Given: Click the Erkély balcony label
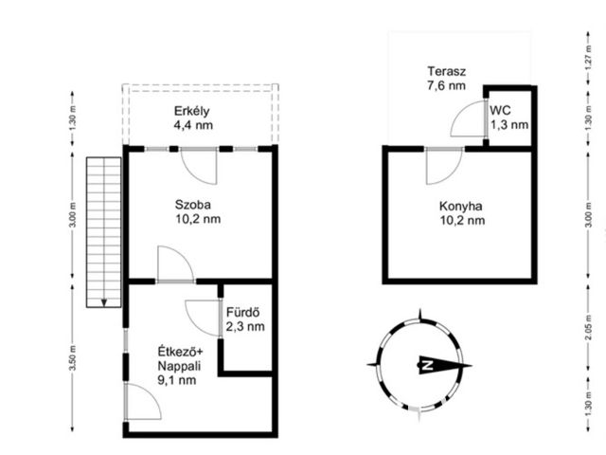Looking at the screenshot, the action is [x=191, y=111].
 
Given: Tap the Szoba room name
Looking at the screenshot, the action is [x=192, y=205].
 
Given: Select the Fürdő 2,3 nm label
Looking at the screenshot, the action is [x=245, y=319].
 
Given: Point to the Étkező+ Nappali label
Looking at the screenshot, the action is [x=180, y=366].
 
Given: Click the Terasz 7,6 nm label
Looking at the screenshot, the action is [x=446, y=78].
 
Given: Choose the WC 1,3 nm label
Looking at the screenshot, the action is [x=509, y=118].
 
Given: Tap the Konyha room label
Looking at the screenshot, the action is [x=461, y=207].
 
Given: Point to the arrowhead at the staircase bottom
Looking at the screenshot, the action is [x=103, y=303].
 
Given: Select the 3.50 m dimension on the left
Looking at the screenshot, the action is [x=73, y=358].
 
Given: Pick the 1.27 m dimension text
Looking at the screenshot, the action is [x=588, y=58].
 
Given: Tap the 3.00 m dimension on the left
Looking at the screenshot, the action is [x=73, y=215].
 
